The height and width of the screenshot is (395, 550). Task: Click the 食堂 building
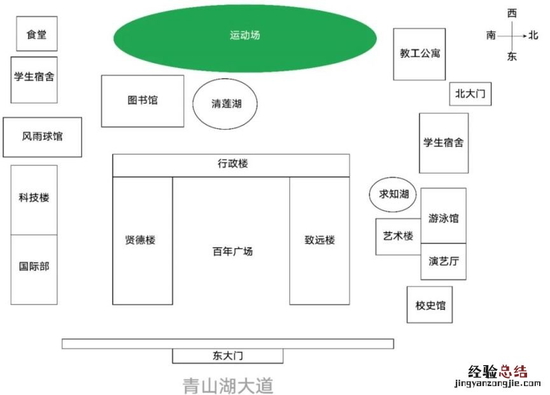tap(36, 34)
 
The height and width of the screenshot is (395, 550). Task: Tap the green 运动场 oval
tap(245, 36)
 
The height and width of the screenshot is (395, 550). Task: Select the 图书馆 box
tap(143, 100)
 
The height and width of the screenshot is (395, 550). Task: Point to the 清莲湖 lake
tap(226, 104)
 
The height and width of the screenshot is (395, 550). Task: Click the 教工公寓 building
tap(419, 54)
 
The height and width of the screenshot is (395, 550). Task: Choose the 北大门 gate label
tap(470, 94)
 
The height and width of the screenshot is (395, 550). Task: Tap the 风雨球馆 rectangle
tap(43, 137)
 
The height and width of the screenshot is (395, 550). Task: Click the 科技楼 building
tap(34, 198)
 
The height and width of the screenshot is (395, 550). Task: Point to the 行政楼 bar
tap(232, 165)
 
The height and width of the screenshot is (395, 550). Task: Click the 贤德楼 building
tap(142, 240)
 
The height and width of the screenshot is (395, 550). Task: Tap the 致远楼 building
tap(320, 240)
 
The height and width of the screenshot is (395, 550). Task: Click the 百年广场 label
tap(232, 251)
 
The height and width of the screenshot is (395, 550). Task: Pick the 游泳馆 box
tap(443, 218)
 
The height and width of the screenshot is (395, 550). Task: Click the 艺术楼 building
tap(397, 237)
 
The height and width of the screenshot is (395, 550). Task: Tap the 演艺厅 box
tap(443, 261)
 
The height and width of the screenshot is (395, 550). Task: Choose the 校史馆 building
tap(430, 305)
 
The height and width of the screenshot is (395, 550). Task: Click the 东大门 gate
tap(227, 356)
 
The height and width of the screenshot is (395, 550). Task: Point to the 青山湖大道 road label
tap(228, 385)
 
